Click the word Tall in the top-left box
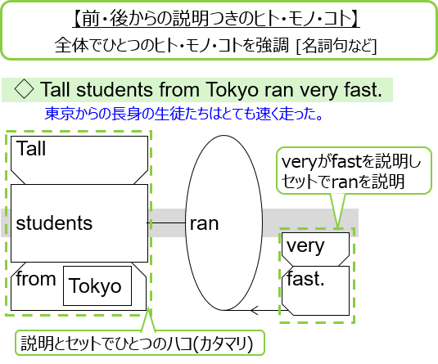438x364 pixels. pyautogui.click(x=31, y=148)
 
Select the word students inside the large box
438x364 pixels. pyautogui.click(x=54, y=223)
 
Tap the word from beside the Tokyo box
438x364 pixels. pyautogui.click(x=36, y=278)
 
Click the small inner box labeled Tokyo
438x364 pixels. pyautogui.click(x=97, y=285)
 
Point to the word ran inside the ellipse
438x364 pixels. pyautogui.click(x=204, y=224)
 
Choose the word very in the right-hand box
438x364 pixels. pyautogui.click(x=305, y=246)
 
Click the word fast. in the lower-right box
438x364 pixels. pyautogui.click(x=305, y=279)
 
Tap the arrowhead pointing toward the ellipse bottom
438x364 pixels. pyautogui.click(x=254, y=310)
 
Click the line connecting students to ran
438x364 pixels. pyautogui.click(x=166, y=222)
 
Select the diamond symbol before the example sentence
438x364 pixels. pyautogui.click(x=24, y=89)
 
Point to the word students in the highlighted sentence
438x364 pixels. pyautogui.click(x=115, y=90)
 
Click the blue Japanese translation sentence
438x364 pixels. pyautogui.click(x=183, y=114)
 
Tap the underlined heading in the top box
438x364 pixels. pyautogui.click(x=216, y=19)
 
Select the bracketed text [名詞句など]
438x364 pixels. pyautogui.click(x=336, y=46)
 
